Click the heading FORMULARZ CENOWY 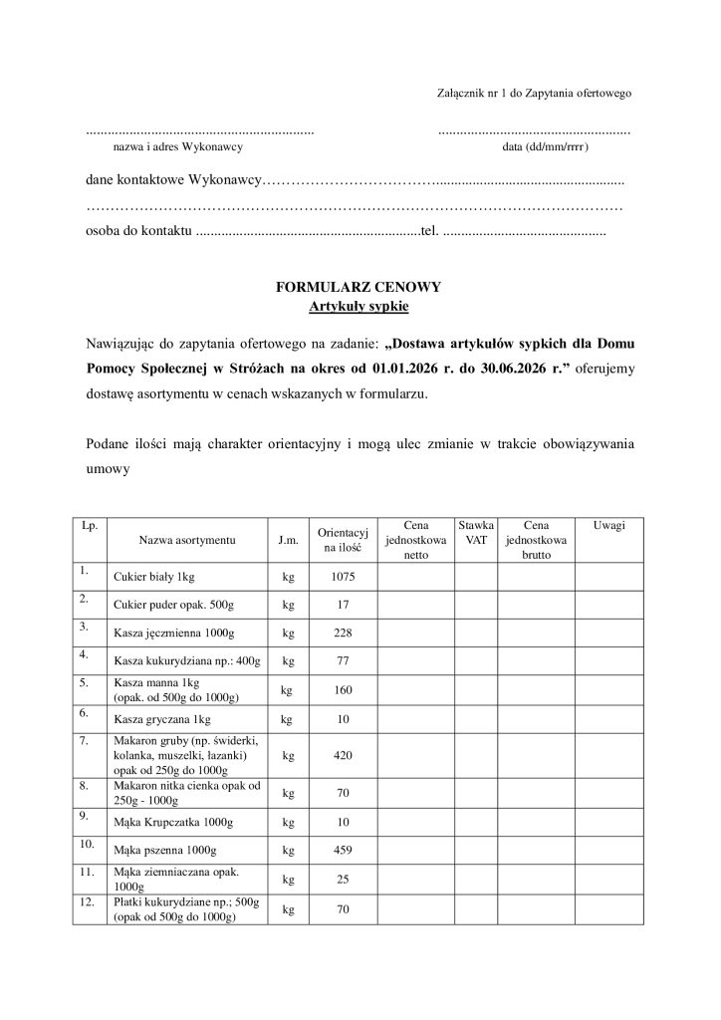coord(359,287)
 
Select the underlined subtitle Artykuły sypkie coord(359,306)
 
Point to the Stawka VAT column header coord(476,532)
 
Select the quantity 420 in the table coord(343,756)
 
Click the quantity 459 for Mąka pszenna coord(343,851)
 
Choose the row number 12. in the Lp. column coord(87,902)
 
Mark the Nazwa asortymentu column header coord(187,540)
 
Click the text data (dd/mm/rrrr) coord(546,147)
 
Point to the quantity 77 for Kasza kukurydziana coord(343,661)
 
